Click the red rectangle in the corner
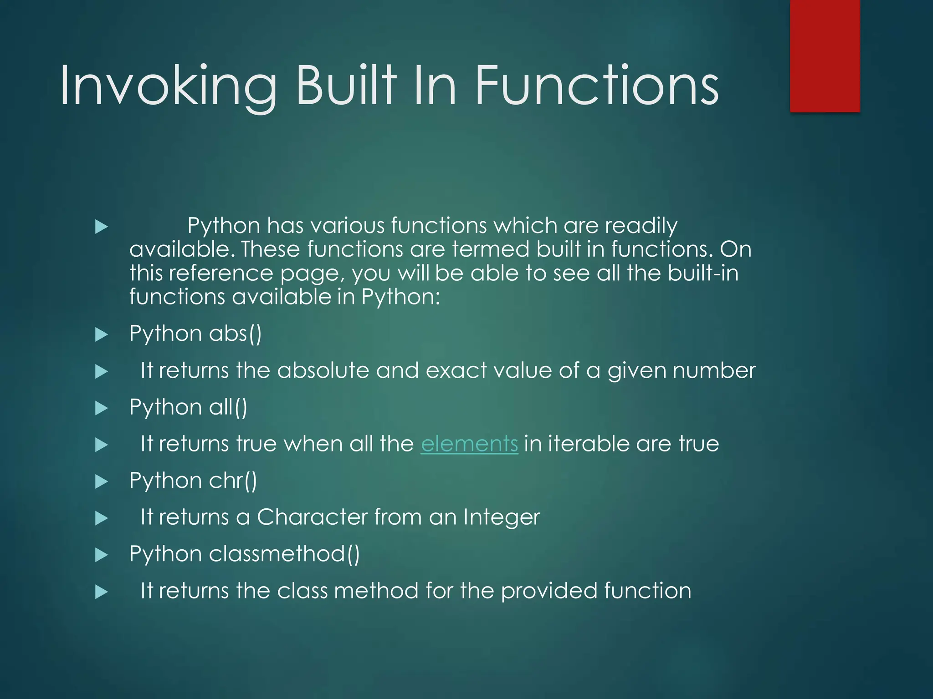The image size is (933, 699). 825,56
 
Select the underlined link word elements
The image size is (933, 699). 469,444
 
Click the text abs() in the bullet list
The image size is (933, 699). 235,334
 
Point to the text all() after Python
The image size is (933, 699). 228,407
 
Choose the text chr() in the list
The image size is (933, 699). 233,481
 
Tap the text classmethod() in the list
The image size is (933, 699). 284,554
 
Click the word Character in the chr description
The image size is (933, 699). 312,517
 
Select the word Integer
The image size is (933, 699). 501,517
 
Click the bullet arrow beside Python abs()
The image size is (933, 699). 101,335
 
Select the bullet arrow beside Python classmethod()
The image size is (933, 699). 101,555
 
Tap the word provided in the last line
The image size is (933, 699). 549,591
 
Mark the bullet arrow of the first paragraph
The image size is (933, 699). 101,227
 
